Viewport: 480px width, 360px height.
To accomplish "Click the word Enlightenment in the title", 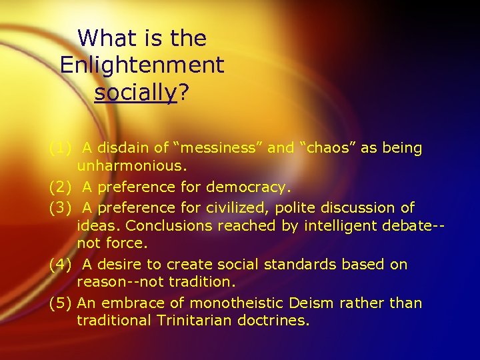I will (142, 65).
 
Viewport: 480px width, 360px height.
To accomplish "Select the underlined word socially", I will (136, 93).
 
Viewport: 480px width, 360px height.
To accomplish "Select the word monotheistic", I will (246, 303).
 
